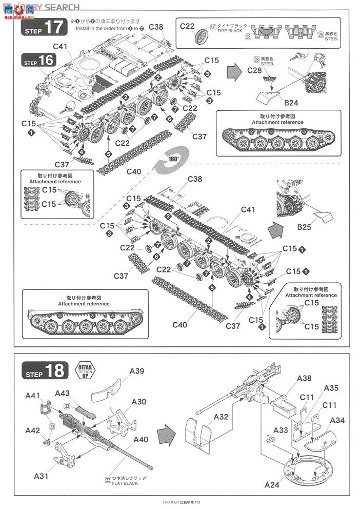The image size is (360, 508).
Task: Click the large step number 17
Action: pos(53,28)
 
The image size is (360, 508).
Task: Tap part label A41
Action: pos(33,396)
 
